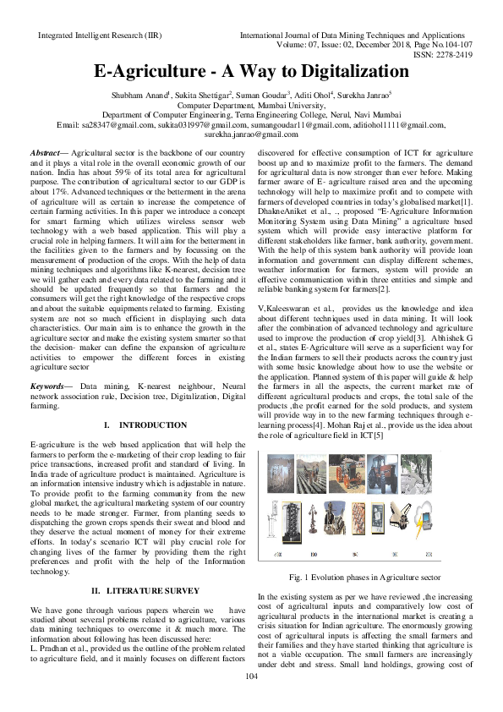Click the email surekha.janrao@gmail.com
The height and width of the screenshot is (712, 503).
(x=251, y=134)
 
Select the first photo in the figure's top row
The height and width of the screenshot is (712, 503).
(x=281, y=473)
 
